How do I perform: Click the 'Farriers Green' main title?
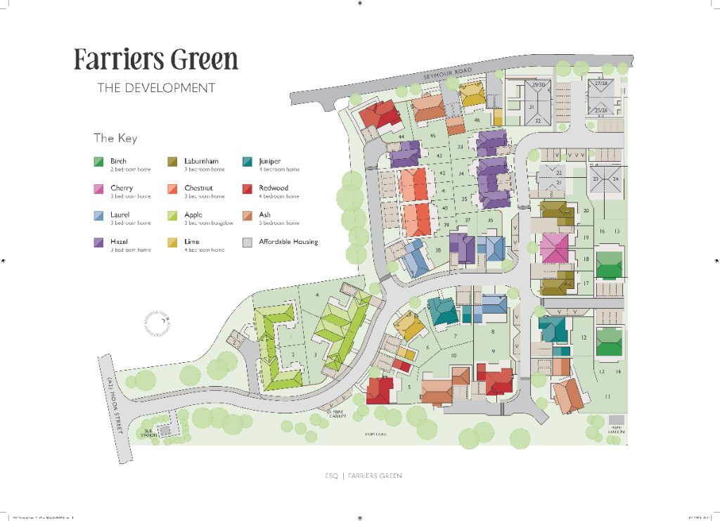point(156,60)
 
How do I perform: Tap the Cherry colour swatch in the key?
point(99,189)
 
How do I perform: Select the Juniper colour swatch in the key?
point(247,162)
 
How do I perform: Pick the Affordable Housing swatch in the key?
point(247,243)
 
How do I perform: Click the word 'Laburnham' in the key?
point(201,161)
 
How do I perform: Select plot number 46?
point(477,120)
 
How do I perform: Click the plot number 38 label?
point(438,250)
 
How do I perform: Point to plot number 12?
point(584,338)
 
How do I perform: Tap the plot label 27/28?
point(601,84)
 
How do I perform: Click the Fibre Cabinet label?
point(338,414)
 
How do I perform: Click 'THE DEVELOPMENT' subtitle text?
point(155,88)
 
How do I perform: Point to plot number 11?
point(607,397)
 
